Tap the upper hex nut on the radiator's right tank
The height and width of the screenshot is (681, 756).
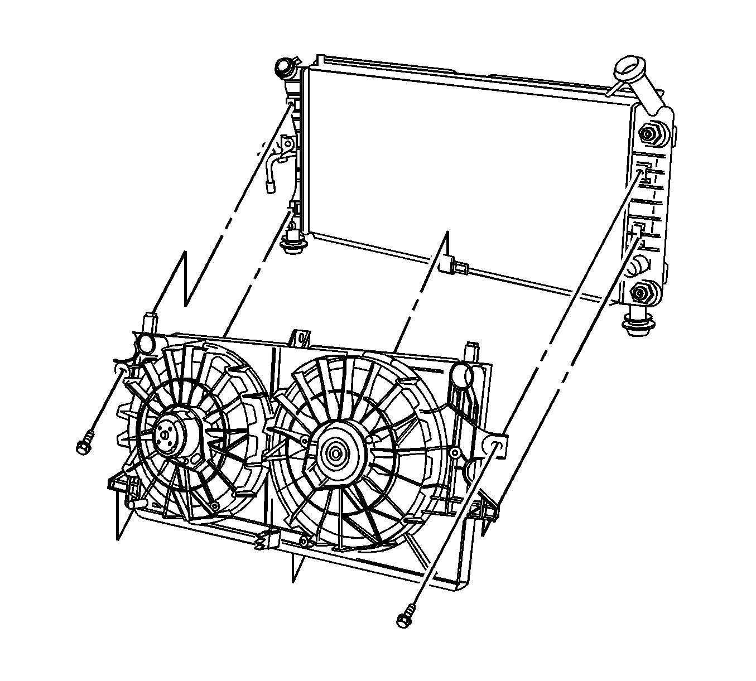[648, 134]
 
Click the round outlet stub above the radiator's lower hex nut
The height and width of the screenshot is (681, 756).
[637, 267]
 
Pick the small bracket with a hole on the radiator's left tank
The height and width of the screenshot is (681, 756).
[288, 144]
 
